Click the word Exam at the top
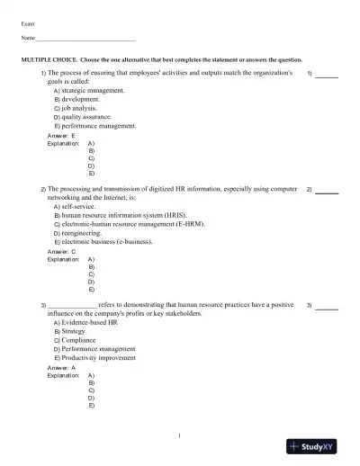point(27,19)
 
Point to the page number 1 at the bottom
point(180,436)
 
